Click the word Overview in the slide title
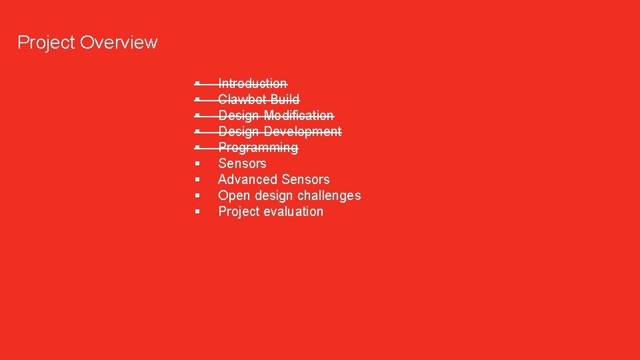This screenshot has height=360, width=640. (x=119, y=43)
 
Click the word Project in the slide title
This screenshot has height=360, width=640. (x=46, y=43)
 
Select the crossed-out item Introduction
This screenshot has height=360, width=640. (x=253, y=83)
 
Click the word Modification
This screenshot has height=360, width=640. (x=299, y=115)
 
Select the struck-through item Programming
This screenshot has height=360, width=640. (x=258, y=147)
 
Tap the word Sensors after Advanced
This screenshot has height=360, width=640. (x=305, y=179)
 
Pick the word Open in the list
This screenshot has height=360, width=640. (x=233, y=195)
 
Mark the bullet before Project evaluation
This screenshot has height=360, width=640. (x=198, y=211)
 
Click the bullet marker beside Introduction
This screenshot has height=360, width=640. (x=198, y=83)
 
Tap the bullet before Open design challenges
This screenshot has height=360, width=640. (x=198, y=195)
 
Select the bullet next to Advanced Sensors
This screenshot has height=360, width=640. (x=198, y=179)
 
